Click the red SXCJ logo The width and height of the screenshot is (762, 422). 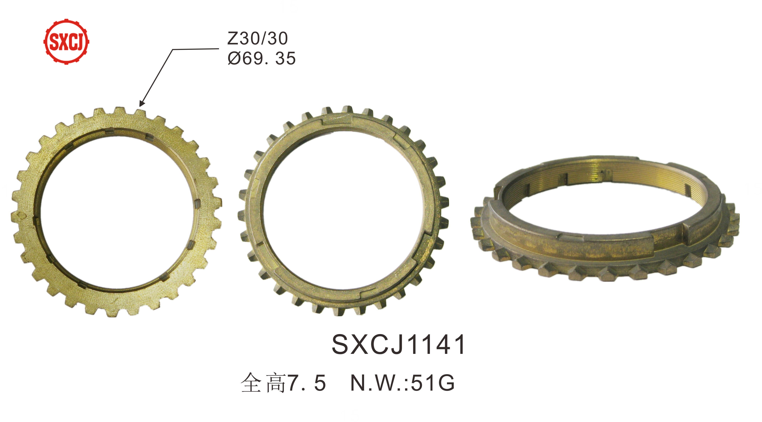coord(66,41)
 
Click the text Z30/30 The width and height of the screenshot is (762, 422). coord(257,39)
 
